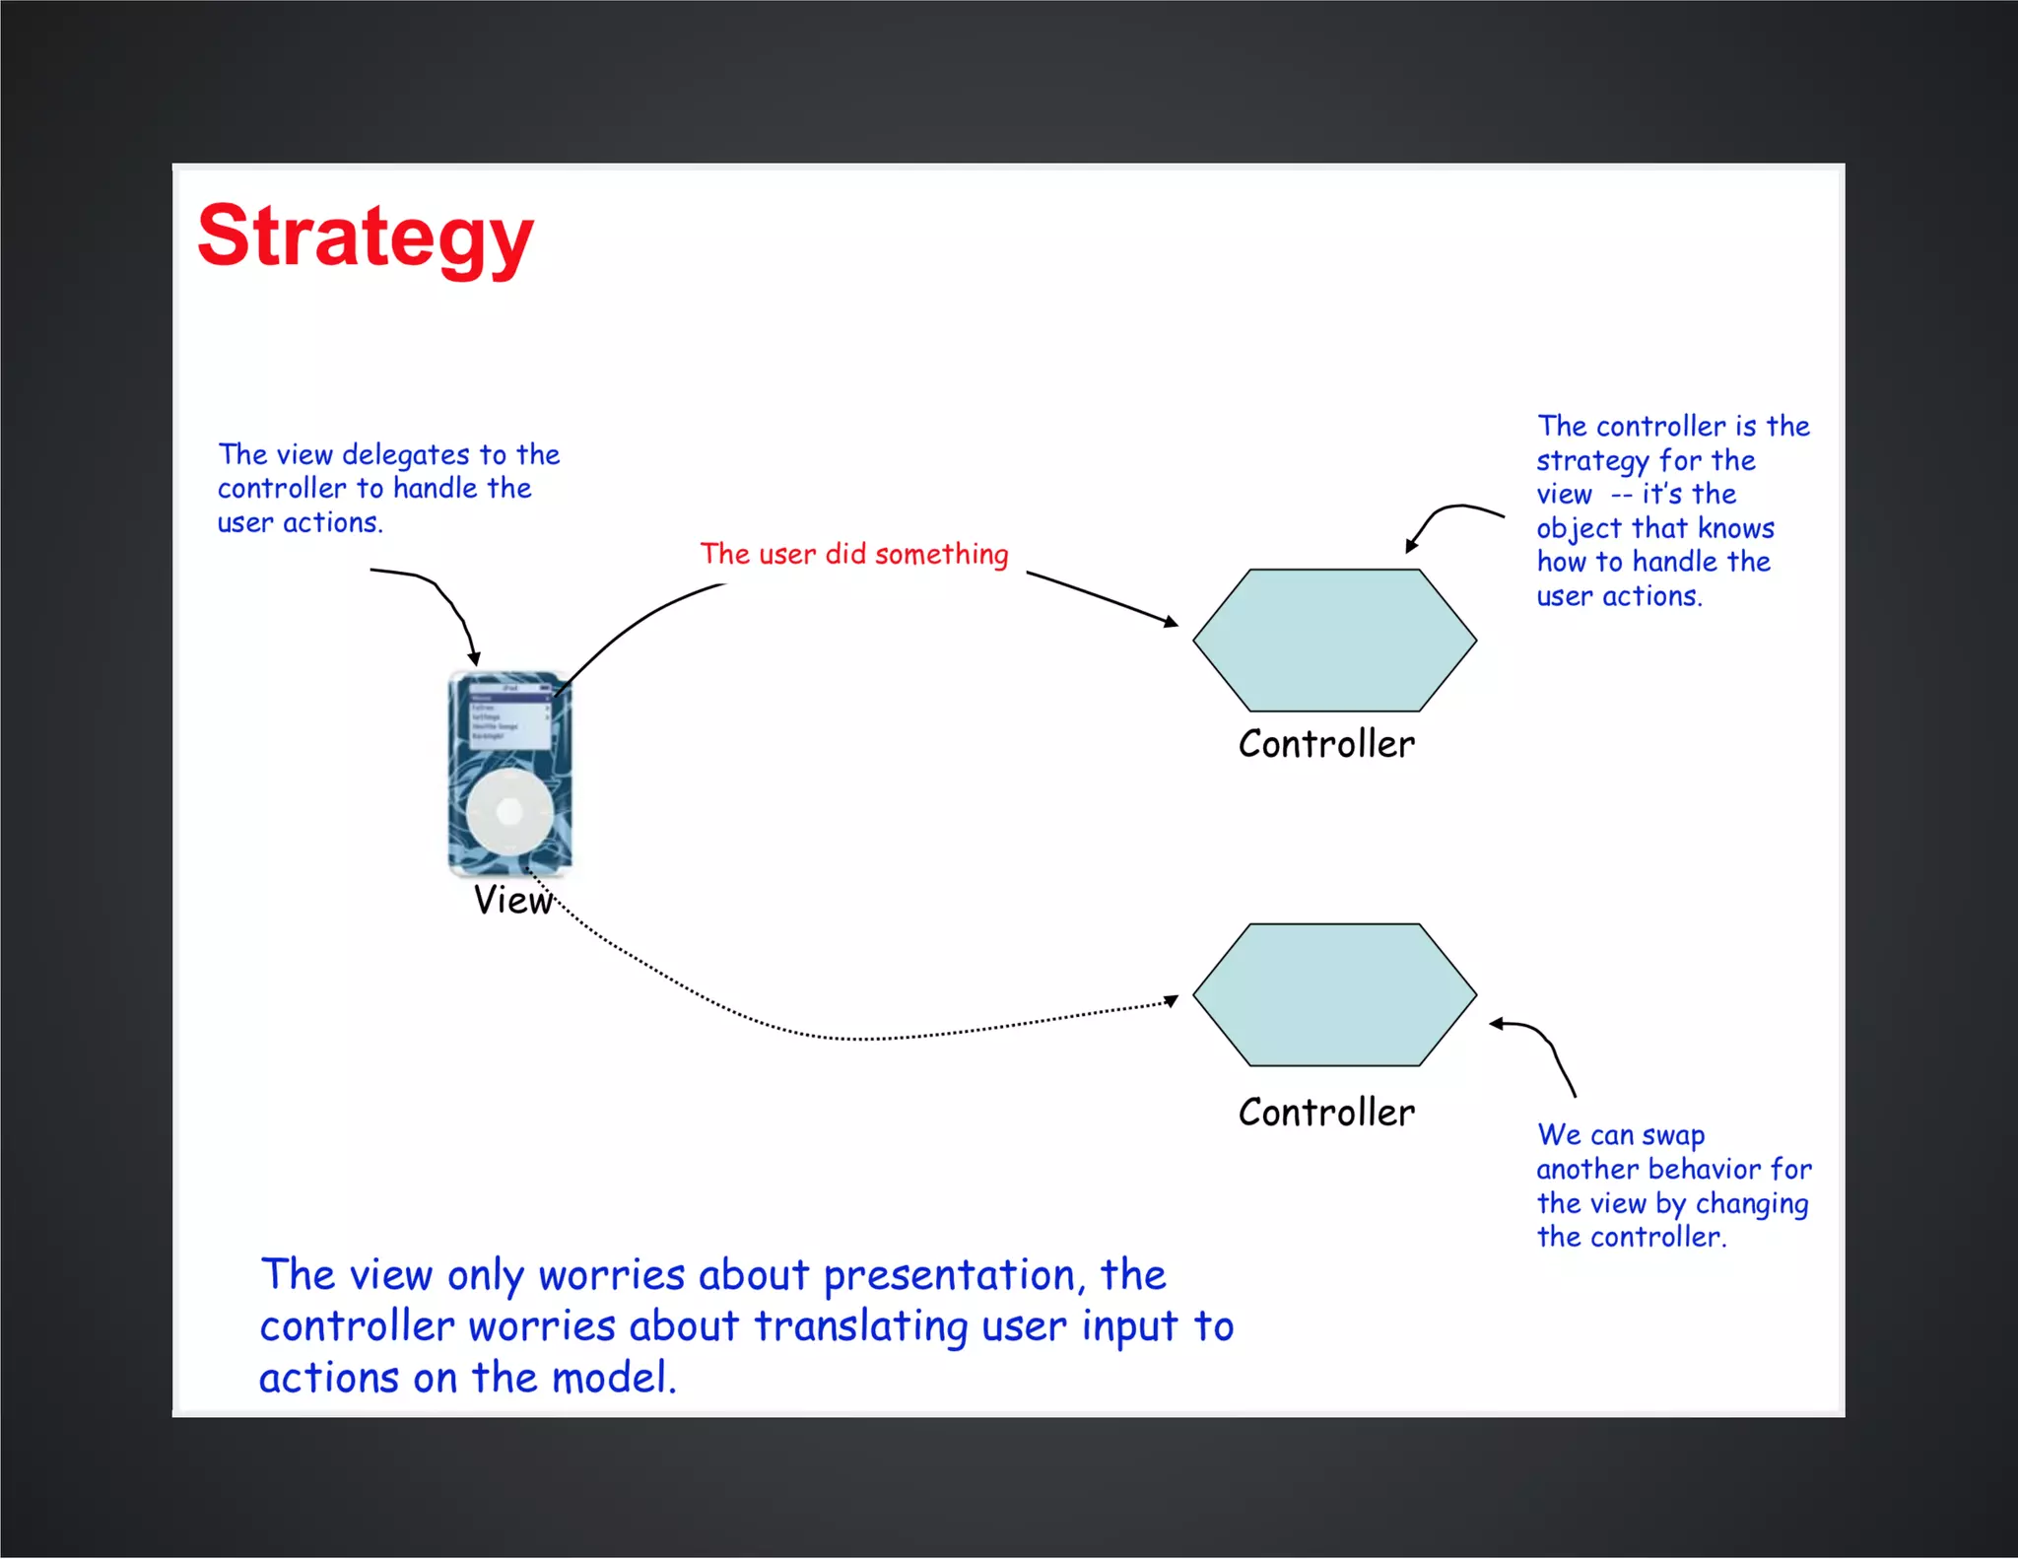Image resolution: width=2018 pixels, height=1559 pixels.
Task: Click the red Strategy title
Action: pyautogui.click(x=365, y=237)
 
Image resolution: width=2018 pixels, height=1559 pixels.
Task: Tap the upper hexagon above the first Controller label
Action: pyautogui.click(x=1334, y=640)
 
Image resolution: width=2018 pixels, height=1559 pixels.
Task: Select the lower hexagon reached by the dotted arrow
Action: pyautogui.click(x=1334, y=994)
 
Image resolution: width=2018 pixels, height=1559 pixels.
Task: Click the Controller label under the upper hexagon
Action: pyautogui.click(x=1326, y=744)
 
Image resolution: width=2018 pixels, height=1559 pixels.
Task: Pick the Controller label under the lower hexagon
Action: pyautogui.click(x=1326, y=1113)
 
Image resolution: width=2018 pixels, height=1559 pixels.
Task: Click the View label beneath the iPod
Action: pyautogui.click(x=512, y=900)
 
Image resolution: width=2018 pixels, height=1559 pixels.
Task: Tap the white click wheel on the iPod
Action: pyautogui.click(x=509, y=812)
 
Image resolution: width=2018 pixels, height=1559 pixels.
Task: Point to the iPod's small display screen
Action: pyautogui.click(x=509, y=716)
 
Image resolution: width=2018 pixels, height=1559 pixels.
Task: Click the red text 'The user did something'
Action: pyautogui.click(x=854, y=554)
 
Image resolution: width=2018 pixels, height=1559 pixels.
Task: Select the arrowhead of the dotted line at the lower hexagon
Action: pyautogui.click(x=1172, y=1001)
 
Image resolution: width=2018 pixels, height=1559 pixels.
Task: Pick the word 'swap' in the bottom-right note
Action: pyautogui.click(x=1673, y=1136)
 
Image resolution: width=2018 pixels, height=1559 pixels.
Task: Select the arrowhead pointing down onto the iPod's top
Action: pyautogui.click(x=474, y=659)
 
